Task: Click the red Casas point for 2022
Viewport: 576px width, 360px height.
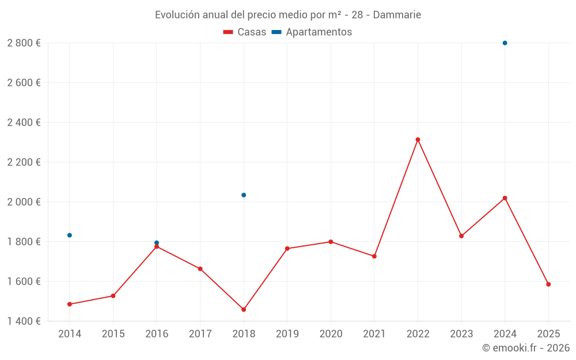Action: coord(418,139)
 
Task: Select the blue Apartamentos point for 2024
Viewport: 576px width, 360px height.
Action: coord(505,43)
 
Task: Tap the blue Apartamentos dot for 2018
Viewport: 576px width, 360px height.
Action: coord(244,195)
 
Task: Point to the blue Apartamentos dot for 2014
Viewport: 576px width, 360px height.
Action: coord(70,235)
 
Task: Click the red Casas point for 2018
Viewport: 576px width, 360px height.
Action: coord(244,309)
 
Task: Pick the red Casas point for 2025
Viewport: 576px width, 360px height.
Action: coord(548,284)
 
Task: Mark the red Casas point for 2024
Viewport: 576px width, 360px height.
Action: coord(505,198)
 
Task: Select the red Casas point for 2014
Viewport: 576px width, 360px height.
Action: coord(70,304)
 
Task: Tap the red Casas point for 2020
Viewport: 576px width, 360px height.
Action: coord(331,242)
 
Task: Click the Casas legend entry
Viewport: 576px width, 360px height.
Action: coord(245,32)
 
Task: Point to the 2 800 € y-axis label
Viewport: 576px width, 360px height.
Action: coord(24,43)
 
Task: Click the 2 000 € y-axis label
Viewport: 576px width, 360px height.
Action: coord(24,202)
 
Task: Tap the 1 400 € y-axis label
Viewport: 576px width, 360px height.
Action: coord(24,321)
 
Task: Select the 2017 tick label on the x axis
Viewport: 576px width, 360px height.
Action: coord(200,334)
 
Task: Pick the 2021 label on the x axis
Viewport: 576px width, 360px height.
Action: coord(374,334)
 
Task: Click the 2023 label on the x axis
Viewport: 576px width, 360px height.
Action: coord(461,334)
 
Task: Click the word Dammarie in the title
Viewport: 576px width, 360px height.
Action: coord(397,15)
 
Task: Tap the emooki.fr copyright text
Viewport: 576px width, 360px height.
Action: coord(525,348)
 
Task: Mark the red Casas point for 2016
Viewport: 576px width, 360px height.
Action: coord(157,247)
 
